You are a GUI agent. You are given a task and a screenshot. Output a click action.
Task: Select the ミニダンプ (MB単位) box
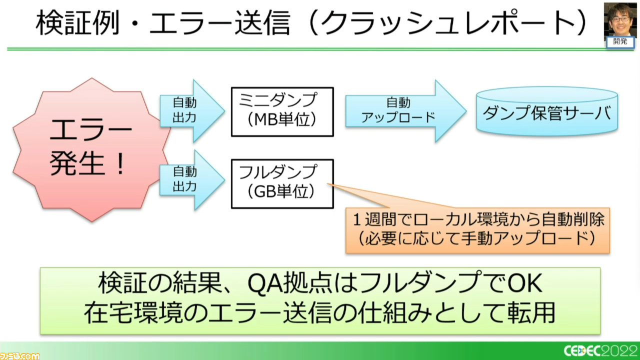(282, 111)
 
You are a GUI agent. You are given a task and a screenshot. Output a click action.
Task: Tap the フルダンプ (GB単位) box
(282, 183)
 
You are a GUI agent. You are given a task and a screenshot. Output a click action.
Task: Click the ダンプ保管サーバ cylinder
(547, 111)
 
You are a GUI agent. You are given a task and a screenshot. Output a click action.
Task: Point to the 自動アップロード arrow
(405, 111)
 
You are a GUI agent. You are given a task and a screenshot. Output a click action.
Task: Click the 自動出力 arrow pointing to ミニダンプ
(192, 111)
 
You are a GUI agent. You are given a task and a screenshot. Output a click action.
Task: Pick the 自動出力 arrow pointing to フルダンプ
(192, 180)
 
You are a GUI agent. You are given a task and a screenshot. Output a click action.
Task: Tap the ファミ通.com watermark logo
(19, 356)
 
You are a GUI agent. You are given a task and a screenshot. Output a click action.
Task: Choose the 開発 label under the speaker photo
(620, 41)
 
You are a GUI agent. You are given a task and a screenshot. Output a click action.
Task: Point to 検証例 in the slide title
(77, 23)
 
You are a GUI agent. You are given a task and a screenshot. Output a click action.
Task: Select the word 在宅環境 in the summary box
(133, 312)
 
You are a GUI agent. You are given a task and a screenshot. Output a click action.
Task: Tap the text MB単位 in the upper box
(282, 119)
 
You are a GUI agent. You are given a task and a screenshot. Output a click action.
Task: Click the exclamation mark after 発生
(120, 163)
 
